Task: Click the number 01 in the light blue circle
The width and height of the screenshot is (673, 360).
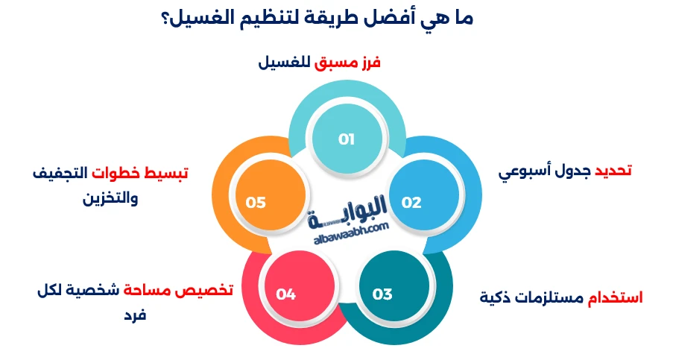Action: [x=346, y=139]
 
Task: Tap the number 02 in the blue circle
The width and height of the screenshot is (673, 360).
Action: [x=411, y=202]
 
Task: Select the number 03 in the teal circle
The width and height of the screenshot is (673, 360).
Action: [x=382, y=294]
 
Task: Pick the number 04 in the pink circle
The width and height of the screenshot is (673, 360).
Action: [x=286, y=294]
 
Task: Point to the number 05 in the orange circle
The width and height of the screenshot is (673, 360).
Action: [x=256, y=202]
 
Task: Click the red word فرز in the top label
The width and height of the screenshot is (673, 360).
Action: [x=369, y=63]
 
